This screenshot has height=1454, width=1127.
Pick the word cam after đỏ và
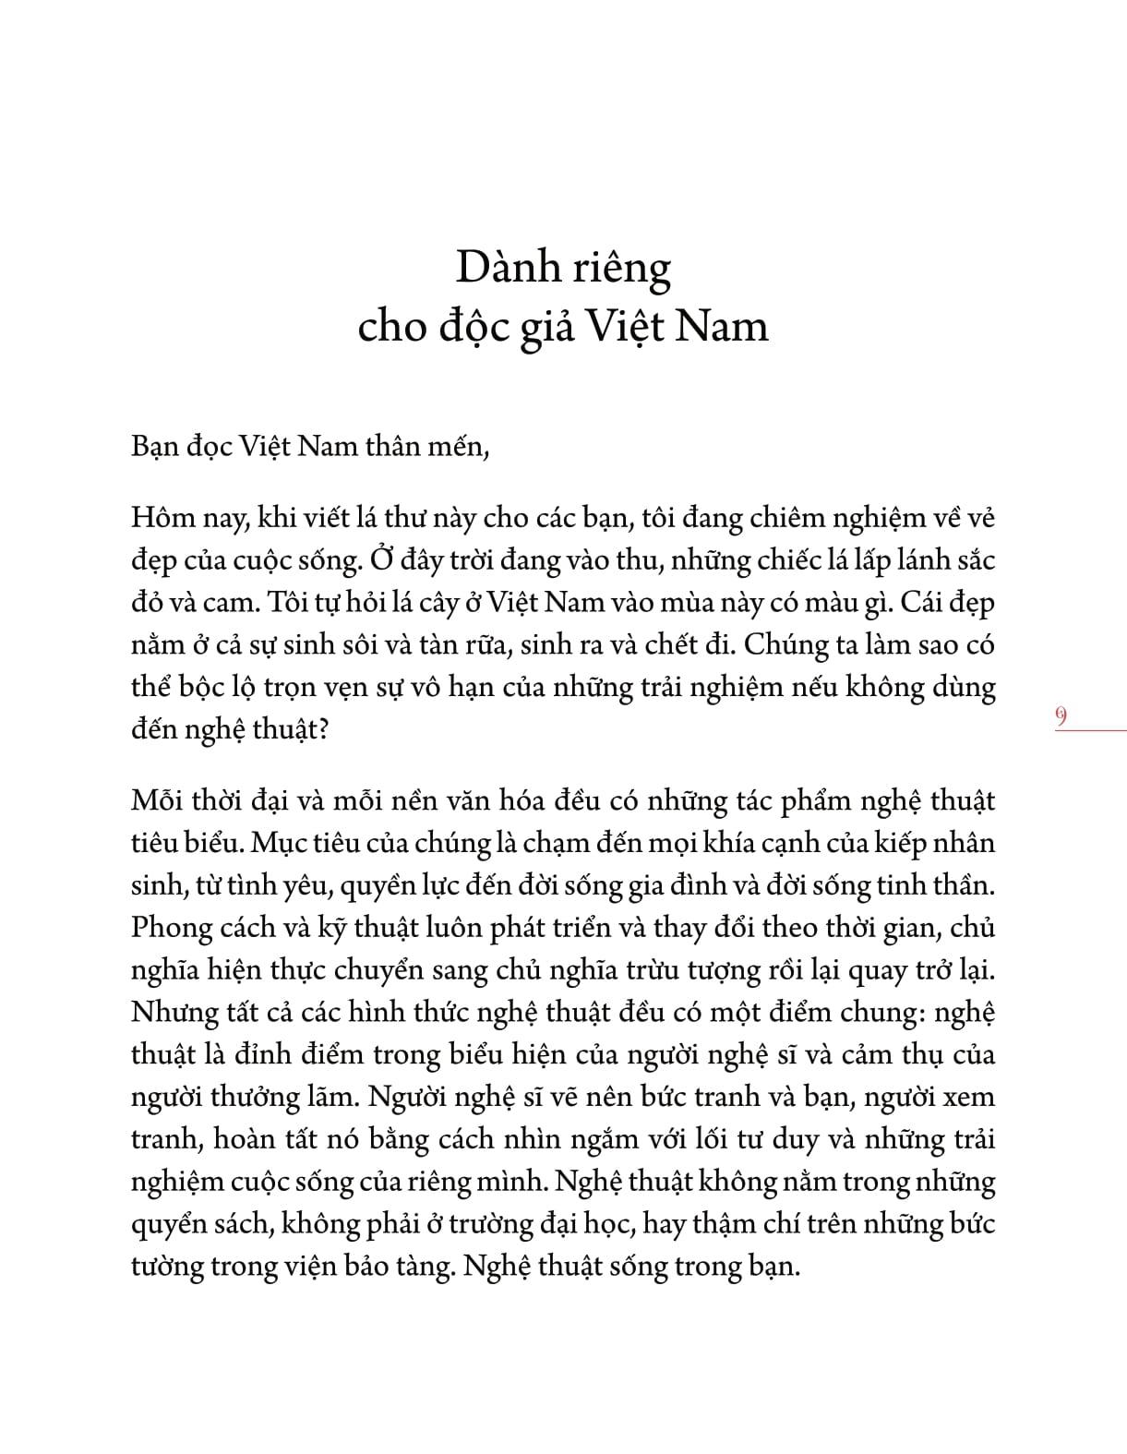(x=232, y=602)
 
